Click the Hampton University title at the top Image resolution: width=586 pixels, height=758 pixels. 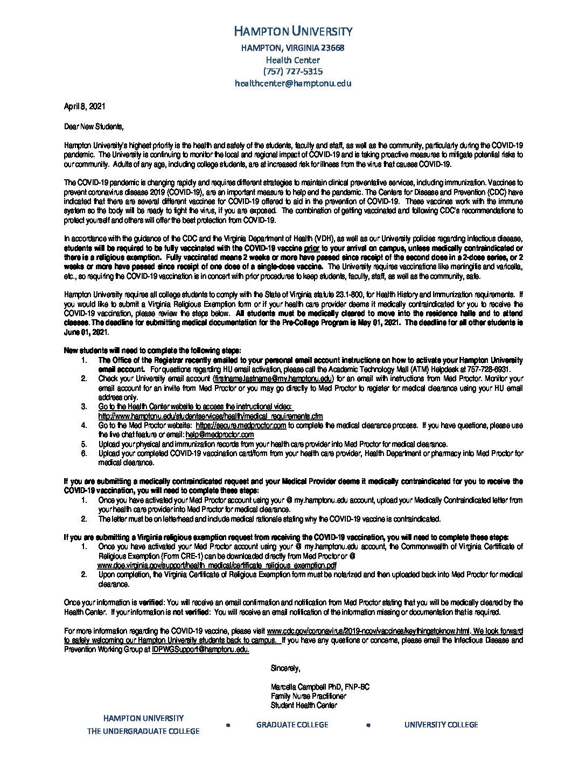coord(294,31)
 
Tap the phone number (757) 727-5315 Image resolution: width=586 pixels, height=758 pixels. coord(293,71)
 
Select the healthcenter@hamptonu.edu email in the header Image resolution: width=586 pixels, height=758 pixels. coord(293,83)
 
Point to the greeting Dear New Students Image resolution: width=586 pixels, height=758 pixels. coord(94,127)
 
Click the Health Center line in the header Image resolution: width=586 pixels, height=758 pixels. coord(293,60)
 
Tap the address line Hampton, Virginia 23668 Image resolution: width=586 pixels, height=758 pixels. coord(293,48)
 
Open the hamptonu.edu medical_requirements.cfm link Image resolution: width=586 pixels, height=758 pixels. coord(211,416)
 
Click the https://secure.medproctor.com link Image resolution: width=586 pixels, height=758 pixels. coord(241,425)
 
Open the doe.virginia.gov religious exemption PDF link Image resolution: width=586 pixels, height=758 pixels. coord(217,565)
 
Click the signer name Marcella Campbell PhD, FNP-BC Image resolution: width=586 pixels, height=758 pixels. coord(320,687)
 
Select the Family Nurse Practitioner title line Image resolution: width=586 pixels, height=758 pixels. coord(309,696)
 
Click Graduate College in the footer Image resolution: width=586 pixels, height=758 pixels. coord(292,725)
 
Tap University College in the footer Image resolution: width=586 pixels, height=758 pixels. coord(441,725)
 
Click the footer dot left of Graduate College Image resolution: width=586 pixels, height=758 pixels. coord(228,725)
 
